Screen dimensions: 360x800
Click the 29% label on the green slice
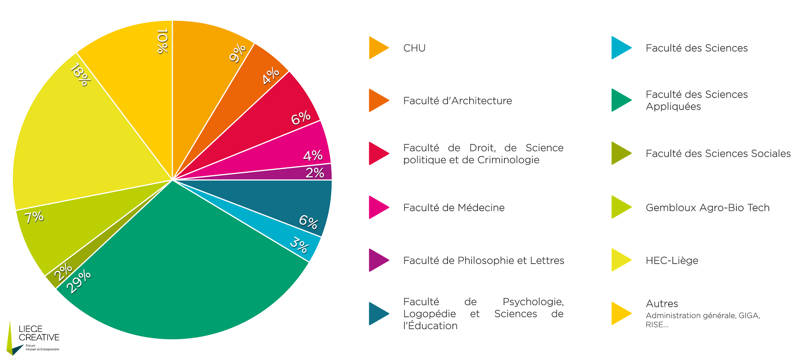pyautogui.click(x=78, y=282)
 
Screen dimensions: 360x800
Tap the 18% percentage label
pyautogui.click(x=80, y=75)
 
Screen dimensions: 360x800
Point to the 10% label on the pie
pyautogui.click(x=162, y=41)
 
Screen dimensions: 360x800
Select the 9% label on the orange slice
pyautogui.click(x=238, y=53)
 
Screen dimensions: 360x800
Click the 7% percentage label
pyautogui.click(x=34, y=217)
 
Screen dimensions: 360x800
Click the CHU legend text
pyautogui.click(x=414, y=48)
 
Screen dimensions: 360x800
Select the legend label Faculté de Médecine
pyautogui.click(x=454, y=208)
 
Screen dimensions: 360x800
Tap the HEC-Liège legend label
pyautogui.click(x=672, y=260)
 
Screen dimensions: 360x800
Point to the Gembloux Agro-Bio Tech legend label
pyautogui.click(x=707, y=208)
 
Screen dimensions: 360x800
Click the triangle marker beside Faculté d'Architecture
pyautogui.click(x=378, y=100)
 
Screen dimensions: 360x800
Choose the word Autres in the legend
pyautogui.click(x=662, y=304)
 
